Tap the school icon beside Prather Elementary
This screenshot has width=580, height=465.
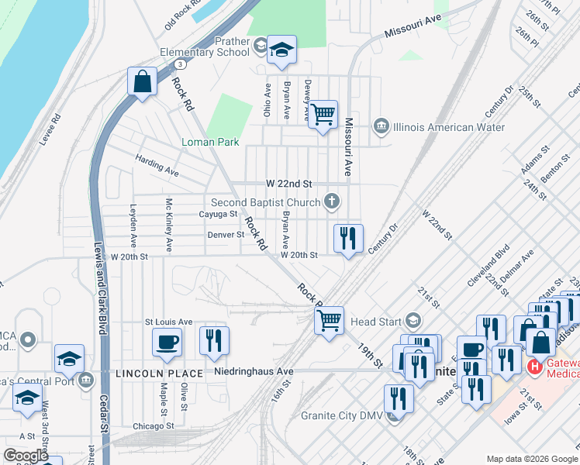[281, 51]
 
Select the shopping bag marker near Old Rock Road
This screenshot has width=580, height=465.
[143, 81]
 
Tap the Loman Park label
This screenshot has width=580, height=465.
[210, 142]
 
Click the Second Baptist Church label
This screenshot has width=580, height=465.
[266, 203]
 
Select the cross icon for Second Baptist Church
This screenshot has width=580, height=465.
[332, 202]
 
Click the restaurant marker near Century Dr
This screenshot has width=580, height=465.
[348, 238]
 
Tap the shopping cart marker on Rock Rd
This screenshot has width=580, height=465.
[330, 319]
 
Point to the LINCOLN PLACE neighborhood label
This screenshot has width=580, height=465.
[159, 374]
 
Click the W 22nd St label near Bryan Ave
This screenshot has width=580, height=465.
[288, 184]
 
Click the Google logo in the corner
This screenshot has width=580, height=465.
[26, 456]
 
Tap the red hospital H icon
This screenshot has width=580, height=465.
[534, 366]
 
